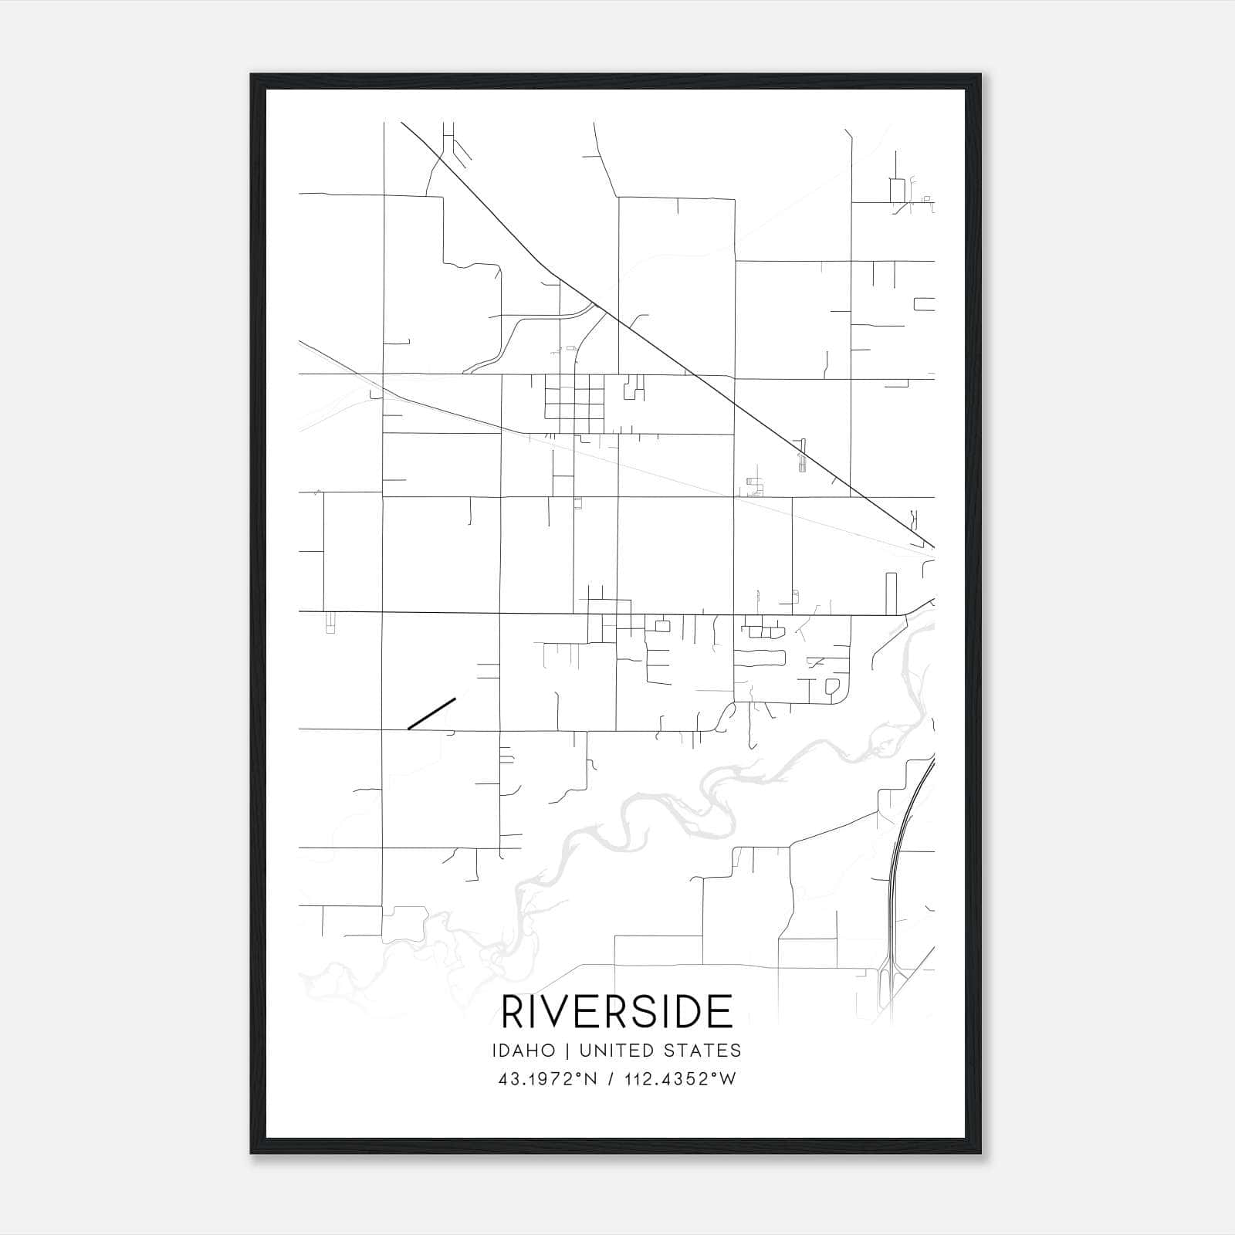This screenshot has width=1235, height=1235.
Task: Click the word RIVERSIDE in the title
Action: (x=617, y=1011)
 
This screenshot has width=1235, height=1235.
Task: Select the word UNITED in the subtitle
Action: (x=614, y=1051)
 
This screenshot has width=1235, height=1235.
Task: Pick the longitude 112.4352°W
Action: (x=679, y=1079)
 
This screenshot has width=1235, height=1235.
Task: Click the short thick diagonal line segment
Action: (x=431, y=713)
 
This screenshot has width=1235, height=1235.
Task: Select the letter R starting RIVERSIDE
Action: (x=513, y=1011)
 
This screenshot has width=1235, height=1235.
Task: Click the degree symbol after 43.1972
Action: (x=575, y=1074)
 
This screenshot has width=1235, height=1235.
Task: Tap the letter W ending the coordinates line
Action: (x=729, y=1079)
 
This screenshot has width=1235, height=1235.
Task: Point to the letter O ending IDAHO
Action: (x=549, y=1051)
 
